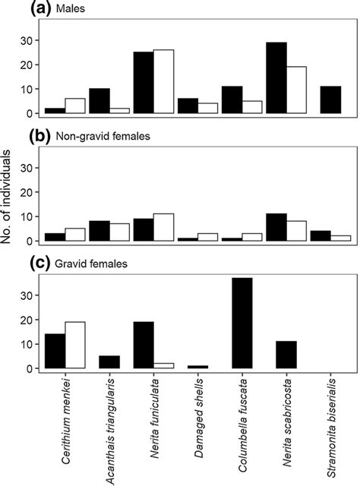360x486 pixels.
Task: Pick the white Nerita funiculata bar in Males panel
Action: coord(164,82)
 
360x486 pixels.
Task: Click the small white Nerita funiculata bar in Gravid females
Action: coord(164,366)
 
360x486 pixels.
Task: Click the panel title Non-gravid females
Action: coord(84,137)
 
